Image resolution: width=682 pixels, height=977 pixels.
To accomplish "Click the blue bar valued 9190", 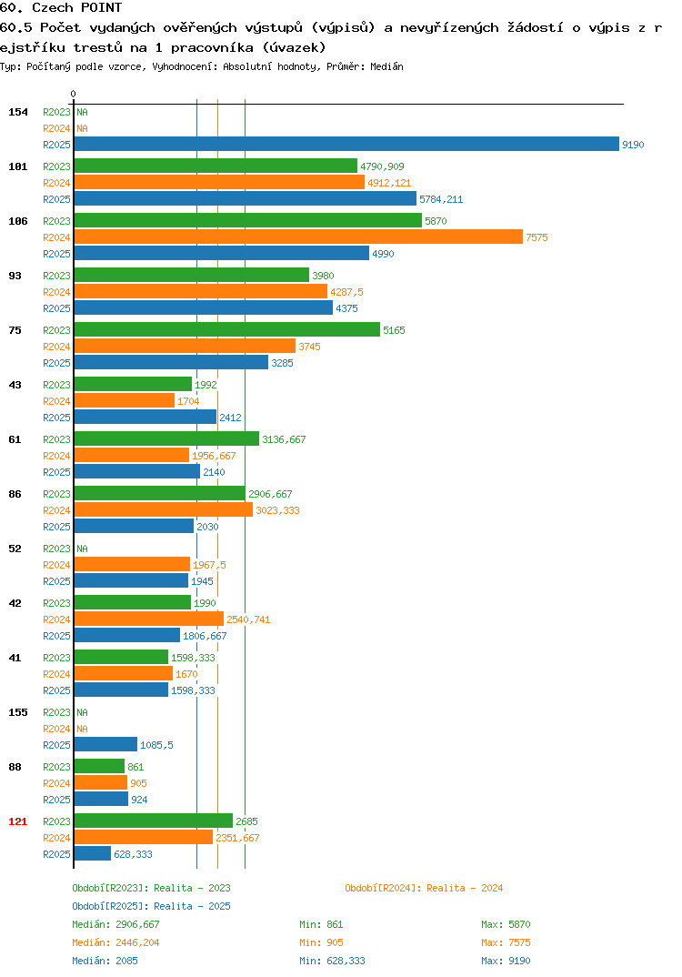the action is point(347,144).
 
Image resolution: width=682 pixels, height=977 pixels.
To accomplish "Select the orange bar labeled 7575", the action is point(298,237).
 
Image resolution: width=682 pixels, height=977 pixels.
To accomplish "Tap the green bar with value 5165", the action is point(227,329).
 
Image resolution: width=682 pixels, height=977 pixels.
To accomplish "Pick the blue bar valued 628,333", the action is point(93,853).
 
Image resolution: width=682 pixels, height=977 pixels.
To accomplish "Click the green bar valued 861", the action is point(100,766).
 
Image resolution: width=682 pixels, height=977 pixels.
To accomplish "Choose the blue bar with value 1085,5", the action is point(105,745).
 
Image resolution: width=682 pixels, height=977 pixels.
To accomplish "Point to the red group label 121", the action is point(18,821).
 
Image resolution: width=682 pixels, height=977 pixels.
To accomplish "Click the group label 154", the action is point(18,112).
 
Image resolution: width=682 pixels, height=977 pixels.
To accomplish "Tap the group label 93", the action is point(15,276).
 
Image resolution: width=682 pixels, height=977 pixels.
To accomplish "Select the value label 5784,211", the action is point(441,199).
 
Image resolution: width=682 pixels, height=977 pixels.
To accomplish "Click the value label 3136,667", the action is point(284,439).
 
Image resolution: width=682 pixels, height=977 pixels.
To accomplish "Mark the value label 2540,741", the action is point(248,619).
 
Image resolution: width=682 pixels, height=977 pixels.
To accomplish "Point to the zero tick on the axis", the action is point(73,94).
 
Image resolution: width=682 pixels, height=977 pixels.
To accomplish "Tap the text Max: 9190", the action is point(506,961).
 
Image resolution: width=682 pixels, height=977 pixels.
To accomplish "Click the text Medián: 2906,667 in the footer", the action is point(115,924).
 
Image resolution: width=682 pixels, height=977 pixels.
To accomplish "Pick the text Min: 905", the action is point(321,942).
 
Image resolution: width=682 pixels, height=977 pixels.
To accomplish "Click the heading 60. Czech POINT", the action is point(61,7).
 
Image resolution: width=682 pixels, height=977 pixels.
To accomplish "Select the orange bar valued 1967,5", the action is point(132,565).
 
